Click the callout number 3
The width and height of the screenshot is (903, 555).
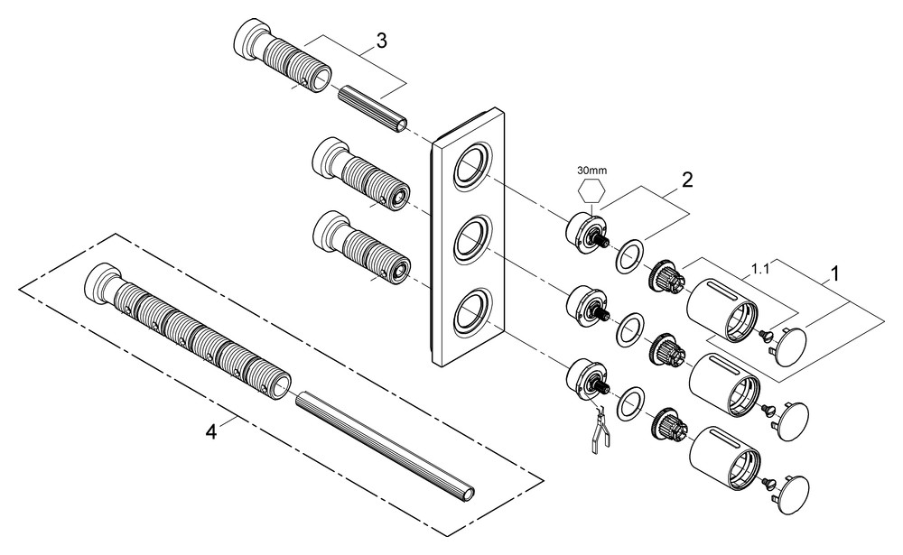(x=383, y=41)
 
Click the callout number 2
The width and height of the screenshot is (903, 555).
(x=687, y=180)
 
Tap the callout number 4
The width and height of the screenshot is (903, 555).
(x=211, y=432)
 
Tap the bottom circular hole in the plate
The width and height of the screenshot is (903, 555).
(x=470, y=312)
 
